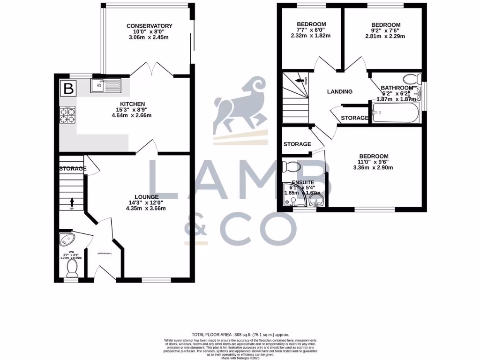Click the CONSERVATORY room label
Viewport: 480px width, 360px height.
[149, 26]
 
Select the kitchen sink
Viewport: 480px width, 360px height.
[106, 85]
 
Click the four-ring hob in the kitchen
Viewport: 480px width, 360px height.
[67, 115]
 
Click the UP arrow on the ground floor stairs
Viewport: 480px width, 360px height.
[72, 202]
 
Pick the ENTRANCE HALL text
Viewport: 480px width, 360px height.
[104, 253]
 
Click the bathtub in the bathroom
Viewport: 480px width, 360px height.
[395, 113]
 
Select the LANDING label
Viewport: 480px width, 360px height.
[339, 91]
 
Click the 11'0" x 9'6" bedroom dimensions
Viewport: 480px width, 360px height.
[374, 162]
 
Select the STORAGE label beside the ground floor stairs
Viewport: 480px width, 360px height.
[73, 168]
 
